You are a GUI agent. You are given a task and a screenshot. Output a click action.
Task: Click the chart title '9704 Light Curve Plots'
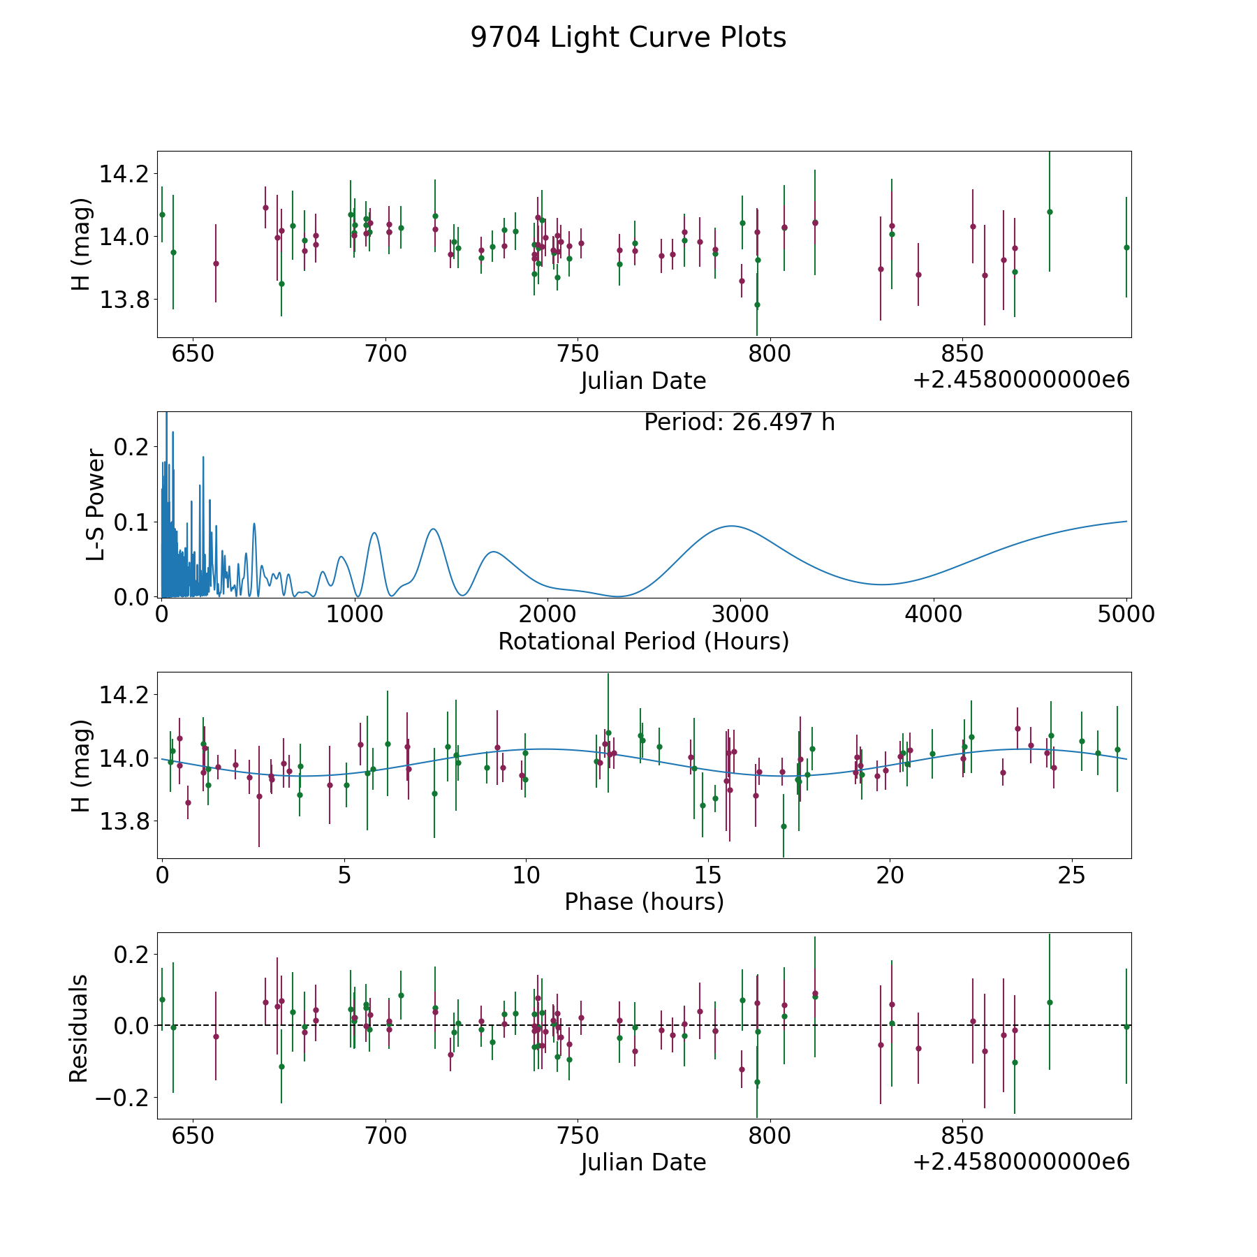point(628,38)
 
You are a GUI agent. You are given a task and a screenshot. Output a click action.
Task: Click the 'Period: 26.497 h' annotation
point(739,422)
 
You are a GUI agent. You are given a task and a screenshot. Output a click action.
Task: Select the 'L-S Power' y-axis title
point(96,505)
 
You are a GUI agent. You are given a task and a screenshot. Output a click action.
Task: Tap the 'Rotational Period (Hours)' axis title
point(643,641)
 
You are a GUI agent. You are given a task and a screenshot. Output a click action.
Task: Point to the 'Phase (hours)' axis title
point(644,902)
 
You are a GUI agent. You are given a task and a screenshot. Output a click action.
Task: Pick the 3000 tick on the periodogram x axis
point(740,615)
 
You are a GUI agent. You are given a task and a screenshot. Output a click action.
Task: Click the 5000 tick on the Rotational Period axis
point(1126,615)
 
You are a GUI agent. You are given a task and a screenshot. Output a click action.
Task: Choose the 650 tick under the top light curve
point(193,354)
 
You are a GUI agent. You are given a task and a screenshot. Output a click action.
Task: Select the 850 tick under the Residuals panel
point(962,1135)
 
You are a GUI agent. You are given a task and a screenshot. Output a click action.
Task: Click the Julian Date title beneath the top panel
point(643,381)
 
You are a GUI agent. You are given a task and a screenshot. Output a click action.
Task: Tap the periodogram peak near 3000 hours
point(731,526)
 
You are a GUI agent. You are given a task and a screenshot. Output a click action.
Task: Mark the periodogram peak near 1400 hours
point(433,529)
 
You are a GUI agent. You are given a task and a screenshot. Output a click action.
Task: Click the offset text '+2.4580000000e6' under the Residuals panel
point(1021,1162)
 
